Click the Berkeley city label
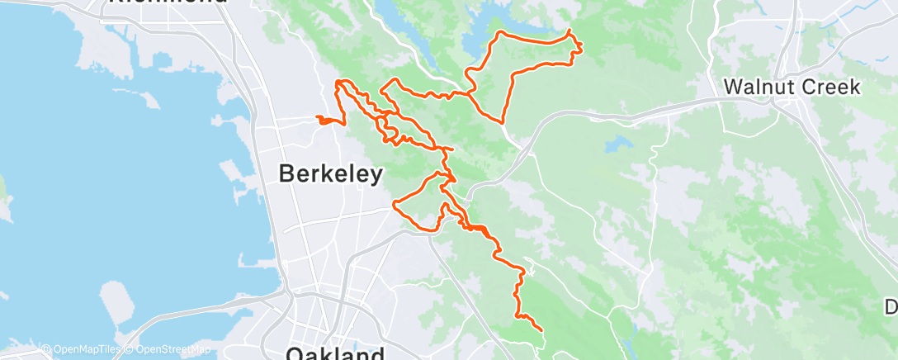point(331,174)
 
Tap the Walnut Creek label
point(792,87)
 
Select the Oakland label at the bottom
point(336,353)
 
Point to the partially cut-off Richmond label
point(168,2)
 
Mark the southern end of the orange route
point(541,330)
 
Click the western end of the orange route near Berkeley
point(317,119)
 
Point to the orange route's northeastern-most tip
point(570,31)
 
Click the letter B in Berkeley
point(287,174)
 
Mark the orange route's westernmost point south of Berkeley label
point(395,202)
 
